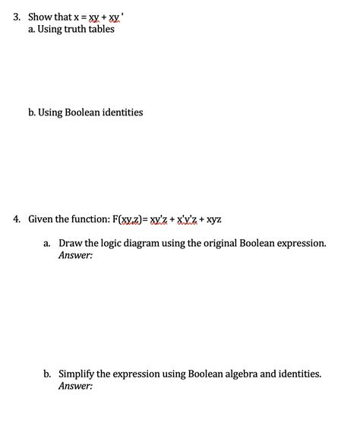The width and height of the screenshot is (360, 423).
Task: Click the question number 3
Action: [x=15, y=16]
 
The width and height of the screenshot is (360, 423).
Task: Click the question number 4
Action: [x=15, y=219]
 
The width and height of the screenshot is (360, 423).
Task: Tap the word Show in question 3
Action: [x=40, y=16]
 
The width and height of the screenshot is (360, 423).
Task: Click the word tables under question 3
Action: [x=101, y=30]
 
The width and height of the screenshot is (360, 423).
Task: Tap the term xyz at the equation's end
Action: [x=213, y=219]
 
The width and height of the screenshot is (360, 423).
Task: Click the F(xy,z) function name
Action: [x=132, y=219]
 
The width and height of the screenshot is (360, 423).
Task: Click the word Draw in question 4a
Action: [x=71, y=244]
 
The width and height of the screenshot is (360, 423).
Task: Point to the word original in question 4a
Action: [x=220, y=244]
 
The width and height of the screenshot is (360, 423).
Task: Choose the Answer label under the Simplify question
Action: [x=75, y=386]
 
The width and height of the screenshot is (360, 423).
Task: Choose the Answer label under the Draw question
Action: [x=75, y=256]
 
